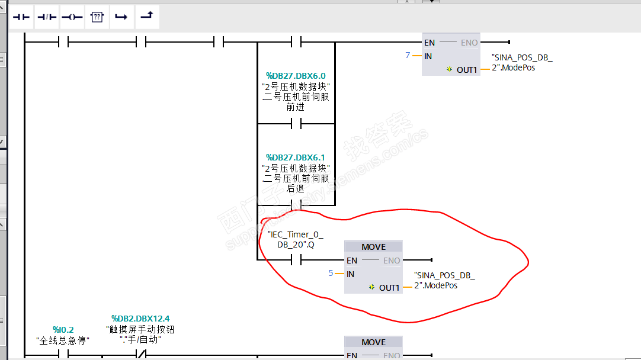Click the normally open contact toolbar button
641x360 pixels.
point(21,17)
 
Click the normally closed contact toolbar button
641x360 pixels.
point(47,17)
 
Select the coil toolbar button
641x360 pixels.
point(72,17)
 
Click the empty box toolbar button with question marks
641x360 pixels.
point(97,17)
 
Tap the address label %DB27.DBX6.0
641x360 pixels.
point(296,76)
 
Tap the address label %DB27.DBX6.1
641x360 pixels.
point(296,157)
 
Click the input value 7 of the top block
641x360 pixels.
point(408,55)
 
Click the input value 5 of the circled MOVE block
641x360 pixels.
point(331,273)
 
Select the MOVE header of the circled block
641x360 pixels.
point(373,247)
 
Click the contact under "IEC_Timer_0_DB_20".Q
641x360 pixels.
point(296,260)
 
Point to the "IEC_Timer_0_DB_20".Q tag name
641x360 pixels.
point(296,239)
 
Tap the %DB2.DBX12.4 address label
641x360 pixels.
point(140,319)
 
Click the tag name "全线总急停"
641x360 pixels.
point(62,340)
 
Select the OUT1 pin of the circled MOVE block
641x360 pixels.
point(389,288)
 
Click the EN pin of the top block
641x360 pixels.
point(430,43)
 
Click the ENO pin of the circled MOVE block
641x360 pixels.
point(392,261)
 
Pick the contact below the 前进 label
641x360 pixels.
point(296,123)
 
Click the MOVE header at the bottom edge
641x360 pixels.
point(373,342)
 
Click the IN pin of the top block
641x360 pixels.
point(428,56)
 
